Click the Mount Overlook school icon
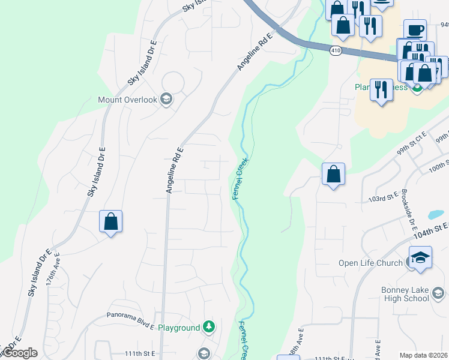point(166,100)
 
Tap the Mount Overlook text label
point(127,100)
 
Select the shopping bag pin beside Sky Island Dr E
point(111,221)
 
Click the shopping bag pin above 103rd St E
point(333,175)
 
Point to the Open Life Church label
point(373,262)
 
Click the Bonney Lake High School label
point(405,294)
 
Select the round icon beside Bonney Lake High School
point(439,293)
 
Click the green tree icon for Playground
point(208,327)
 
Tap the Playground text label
point(178,328)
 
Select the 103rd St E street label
point(384,196)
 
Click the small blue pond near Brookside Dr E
point(435,214)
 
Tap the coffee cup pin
point(415,30)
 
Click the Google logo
point(19,353)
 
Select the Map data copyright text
point(423,355)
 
